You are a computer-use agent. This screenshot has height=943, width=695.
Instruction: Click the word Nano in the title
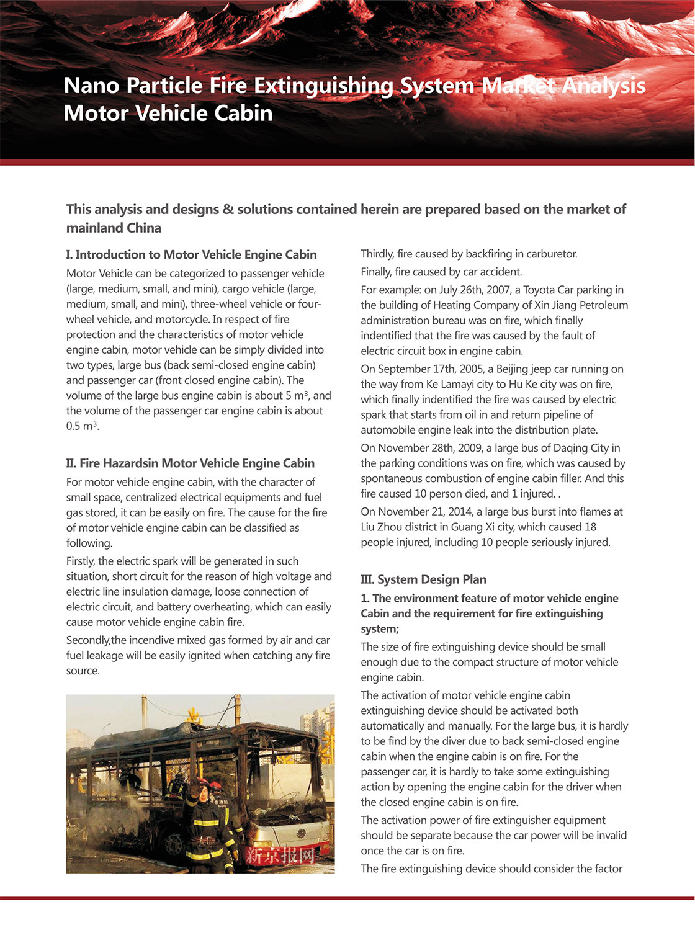pos(91,86)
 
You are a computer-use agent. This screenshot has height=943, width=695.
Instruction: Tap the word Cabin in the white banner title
pos(243,113)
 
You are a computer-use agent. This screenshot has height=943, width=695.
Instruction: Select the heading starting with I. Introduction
pos(191,254)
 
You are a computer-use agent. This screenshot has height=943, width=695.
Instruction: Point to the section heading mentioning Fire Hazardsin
pos(190,463)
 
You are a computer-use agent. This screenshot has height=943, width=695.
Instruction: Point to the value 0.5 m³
pos(82,426)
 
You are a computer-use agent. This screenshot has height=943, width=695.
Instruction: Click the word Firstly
pos(81,561)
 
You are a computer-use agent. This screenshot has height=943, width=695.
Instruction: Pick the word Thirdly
pos(377,254)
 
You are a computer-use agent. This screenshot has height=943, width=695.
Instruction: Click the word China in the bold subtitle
pos(144,228)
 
